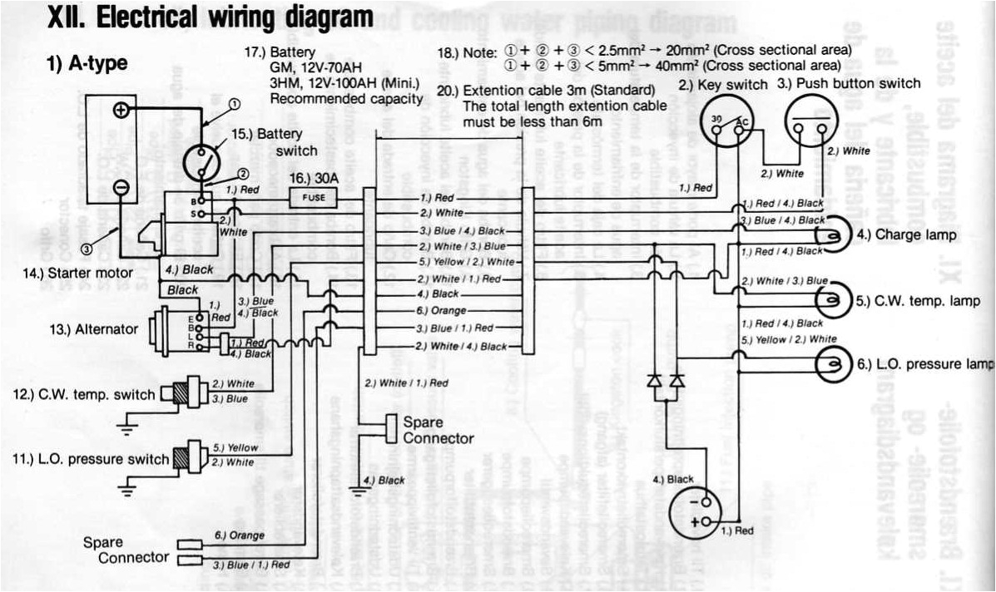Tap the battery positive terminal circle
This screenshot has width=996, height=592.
pyautogui.click(x=121, y=110)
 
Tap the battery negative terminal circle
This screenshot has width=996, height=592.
pyautogui.click(x=121, y=188)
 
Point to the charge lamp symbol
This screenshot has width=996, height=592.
pyautogui.click(x=835, y=235)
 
